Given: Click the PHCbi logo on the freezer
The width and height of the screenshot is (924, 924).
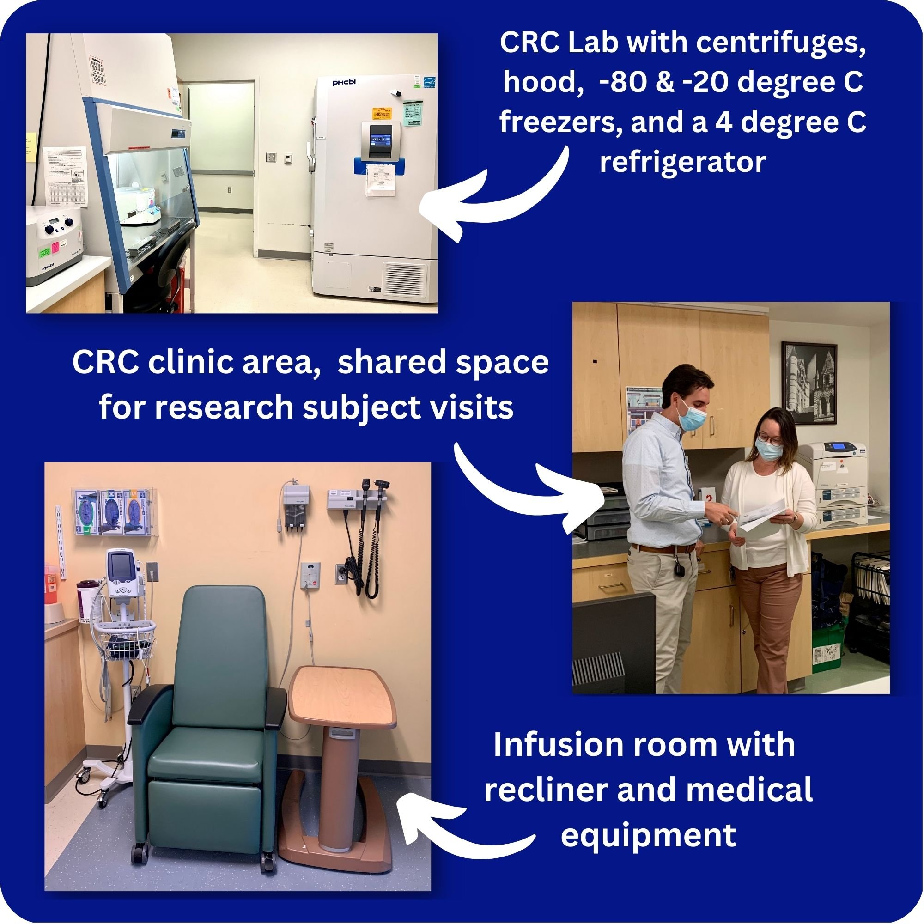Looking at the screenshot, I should tap(344, 82).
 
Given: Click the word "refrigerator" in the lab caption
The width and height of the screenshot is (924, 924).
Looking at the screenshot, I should tap(683, 162).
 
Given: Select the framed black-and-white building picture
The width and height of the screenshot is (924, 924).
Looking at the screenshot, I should tap(809, 383).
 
